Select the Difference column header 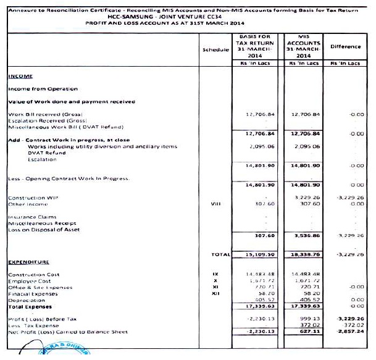tap(345, 46)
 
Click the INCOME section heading tap(20, 76)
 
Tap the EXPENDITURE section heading tap(28, 262)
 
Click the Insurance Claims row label tap(32, 217)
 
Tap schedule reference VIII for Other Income tap(215, 204)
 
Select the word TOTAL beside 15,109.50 tap(220, 254)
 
